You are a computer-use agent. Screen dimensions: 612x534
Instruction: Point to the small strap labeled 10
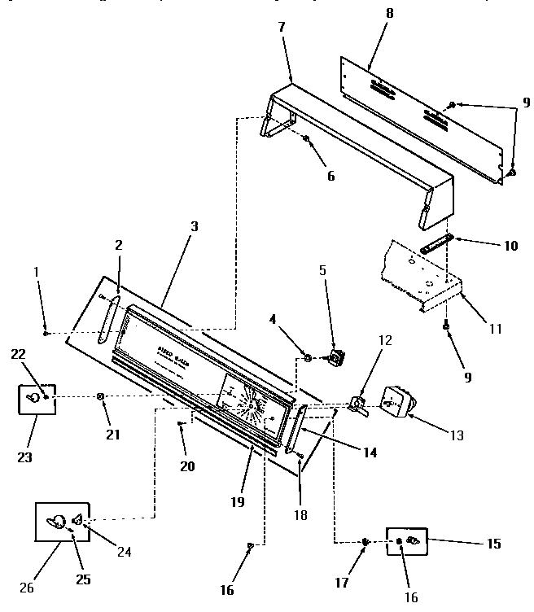pos(437,243)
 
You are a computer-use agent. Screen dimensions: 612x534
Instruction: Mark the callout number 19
pos(237,502)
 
